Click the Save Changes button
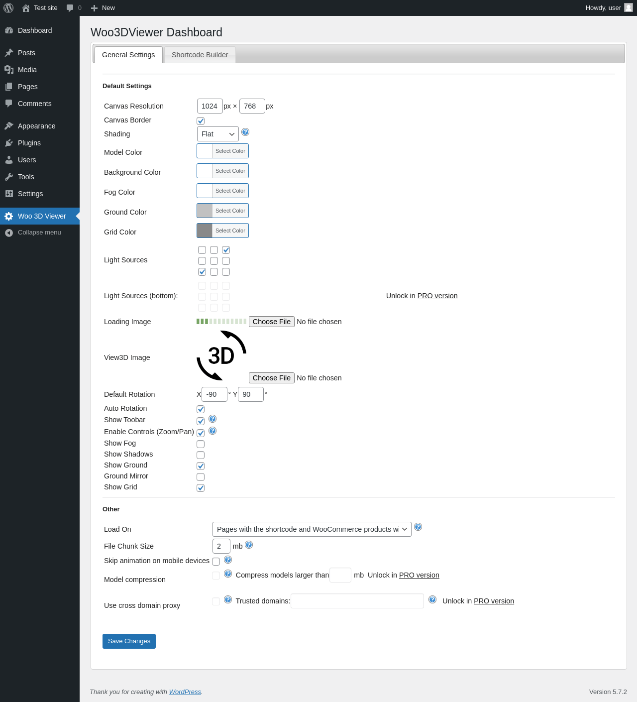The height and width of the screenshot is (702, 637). point(129,641)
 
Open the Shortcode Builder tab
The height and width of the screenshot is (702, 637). point(200,55)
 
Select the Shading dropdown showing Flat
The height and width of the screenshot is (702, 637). point(217,134)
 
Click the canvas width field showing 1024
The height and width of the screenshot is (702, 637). point(210,106)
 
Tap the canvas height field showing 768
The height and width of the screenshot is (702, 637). point(252,106)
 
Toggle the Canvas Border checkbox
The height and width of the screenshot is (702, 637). point(201,120)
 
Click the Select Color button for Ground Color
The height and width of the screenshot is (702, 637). point(230,211)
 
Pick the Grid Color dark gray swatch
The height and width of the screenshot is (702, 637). point(205,231)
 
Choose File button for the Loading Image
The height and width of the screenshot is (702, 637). point(271,322)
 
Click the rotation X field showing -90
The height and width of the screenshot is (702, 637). point(214,394)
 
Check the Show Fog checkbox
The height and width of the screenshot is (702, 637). point(201,444)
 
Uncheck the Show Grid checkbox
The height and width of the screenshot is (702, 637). point(201,487)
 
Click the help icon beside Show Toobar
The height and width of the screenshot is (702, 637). point(212,419)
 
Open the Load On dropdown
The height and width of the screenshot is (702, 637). point(312,529)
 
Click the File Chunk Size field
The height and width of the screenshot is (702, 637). point(221,546)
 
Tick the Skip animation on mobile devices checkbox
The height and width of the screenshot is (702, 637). point(216,561)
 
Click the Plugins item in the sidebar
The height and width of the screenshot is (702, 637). point(29,143)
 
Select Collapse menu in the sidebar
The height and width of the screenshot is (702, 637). point(39,233)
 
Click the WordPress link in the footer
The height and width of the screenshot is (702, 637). point(185,692)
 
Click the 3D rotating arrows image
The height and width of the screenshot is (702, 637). point(221,355)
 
